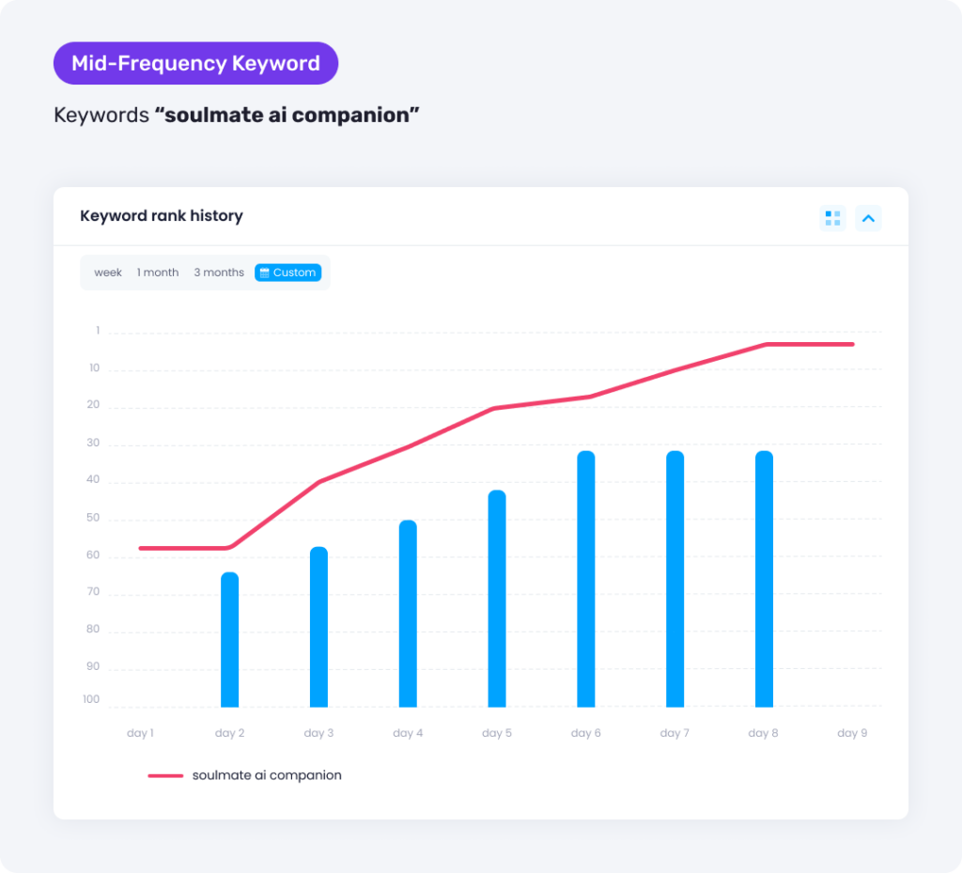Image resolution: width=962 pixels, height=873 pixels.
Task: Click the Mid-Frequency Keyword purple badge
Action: (195, 64)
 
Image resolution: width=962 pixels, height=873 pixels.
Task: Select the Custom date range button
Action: (287, 273)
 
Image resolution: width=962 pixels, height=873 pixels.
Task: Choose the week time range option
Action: (108, 273)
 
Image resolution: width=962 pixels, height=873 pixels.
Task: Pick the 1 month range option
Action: (158, 273)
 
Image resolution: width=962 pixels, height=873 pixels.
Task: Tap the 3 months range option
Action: (219, 273)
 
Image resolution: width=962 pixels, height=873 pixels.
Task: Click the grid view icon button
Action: (832, 218)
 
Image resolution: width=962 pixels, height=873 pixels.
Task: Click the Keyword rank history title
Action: (162, 216)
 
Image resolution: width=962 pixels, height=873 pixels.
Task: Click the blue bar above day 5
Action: (497, 599)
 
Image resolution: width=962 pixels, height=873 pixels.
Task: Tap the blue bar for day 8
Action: (764, 579)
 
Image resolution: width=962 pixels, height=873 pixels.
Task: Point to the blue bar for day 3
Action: (318, 627)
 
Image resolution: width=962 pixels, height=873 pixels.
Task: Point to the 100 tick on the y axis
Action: (91, 699)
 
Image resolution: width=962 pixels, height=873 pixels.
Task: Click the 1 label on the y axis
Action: (97, 331)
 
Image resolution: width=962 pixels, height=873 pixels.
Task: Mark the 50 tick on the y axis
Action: (92, 518)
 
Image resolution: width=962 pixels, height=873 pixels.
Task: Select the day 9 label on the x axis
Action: (852, 733)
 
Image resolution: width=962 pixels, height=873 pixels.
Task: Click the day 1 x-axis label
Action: (140, 733)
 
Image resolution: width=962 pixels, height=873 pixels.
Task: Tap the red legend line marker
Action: (165, 776)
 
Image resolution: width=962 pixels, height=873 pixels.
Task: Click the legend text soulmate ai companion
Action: (267, 775)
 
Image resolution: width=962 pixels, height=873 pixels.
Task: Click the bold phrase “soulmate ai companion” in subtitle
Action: (287, 116)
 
